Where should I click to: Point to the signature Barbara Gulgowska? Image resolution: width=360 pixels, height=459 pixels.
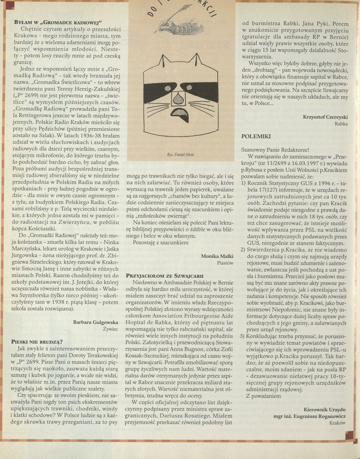95,322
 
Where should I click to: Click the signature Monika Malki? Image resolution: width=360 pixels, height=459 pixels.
217,256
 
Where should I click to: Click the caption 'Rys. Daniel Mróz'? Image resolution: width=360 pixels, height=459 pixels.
181,155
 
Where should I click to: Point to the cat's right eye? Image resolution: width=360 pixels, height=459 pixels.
189,88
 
